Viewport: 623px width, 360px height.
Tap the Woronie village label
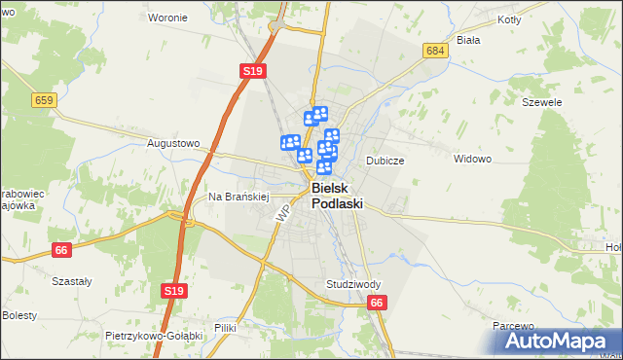tap(167, 18)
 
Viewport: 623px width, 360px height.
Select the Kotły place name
tap(509, 19)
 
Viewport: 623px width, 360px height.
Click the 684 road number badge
tap(435, 50)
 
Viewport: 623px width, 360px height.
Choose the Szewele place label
tap(542, 101)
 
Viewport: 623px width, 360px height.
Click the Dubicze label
tap(385, 160)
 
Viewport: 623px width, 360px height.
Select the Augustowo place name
tap(173, 143)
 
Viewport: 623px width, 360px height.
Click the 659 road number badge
tap(43, 99)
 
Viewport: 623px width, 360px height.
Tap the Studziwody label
tap(353, 284)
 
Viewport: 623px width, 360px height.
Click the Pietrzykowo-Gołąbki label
tap(153, 335)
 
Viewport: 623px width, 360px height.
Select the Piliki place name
tap(226, 328)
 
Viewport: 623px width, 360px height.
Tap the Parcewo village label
tap(514, 326)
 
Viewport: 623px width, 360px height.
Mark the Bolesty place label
tap(19, 315)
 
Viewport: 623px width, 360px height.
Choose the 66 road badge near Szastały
tap(62, 250)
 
